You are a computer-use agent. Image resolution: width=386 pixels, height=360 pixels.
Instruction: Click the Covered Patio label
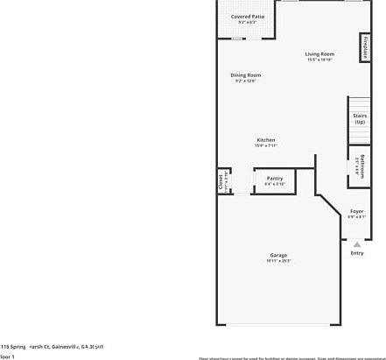pos(248,17)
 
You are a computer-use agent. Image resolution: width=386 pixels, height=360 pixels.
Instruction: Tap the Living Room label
pos(319,53)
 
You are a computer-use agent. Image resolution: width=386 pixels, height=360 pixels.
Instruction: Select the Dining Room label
pos(246,75)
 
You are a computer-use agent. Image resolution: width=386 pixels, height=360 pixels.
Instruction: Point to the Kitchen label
pos(266,140)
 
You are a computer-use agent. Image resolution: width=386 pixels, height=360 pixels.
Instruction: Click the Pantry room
pos(275,181)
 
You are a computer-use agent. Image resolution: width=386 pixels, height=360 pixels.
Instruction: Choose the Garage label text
pos(278,255)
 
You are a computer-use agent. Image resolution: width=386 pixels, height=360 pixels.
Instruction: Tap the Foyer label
pos(357,211)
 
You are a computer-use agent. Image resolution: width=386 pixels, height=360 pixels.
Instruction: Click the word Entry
pos(357,253)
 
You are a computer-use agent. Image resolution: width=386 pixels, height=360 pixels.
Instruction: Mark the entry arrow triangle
pos(357,244)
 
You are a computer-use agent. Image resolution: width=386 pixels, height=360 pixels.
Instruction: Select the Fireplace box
pos(363,47)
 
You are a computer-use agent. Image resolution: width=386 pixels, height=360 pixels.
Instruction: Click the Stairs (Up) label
pos(360,118)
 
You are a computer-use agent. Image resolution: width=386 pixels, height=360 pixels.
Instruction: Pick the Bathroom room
pos(360,166)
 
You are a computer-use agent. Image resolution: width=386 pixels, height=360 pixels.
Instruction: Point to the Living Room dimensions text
pos(319,60)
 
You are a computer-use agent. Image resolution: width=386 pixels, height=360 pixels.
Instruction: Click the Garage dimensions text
pos(278,261)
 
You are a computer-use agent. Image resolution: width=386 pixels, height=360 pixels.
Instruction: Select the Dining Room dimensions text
pos(246,81)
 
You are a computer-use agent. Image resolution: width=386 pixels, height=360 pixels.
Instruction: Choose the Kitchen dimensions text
pos(266,146)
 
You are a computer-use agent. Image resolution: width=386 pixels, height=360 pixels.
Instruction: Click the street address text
pos(53,347)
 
